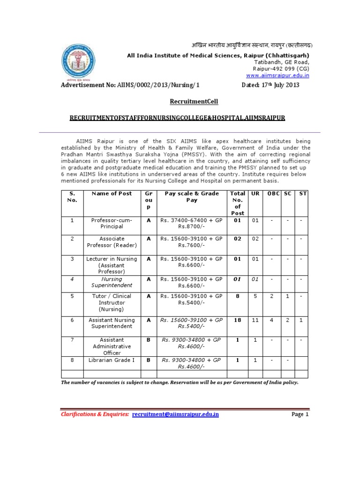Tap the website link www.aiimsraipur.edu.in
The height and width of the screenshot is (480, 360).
[x=277, y=75]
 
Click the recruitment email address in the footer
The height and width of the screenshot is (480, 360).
[x=175, y=414]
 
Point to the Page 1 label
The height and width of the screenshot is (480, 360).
[x=300, y=414]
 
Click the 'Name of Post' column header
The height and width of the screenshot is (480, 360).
[x=112, y=194]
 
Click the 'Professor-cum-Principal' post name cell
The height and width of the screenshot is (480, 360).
[x=112, y=223]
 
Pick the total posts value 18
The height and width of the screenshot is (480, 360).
[x=238, y=319]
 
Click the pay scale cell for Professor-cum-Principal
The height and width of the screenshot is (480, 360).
[x=192, y=223]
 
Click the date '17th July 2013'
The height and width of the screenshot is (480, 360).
[x=270, y=85]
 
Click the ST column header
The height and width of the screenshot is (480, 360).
[x=303, y=194]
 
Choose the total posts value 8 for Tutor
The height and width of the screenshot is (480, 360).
[x=238, y=296]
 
